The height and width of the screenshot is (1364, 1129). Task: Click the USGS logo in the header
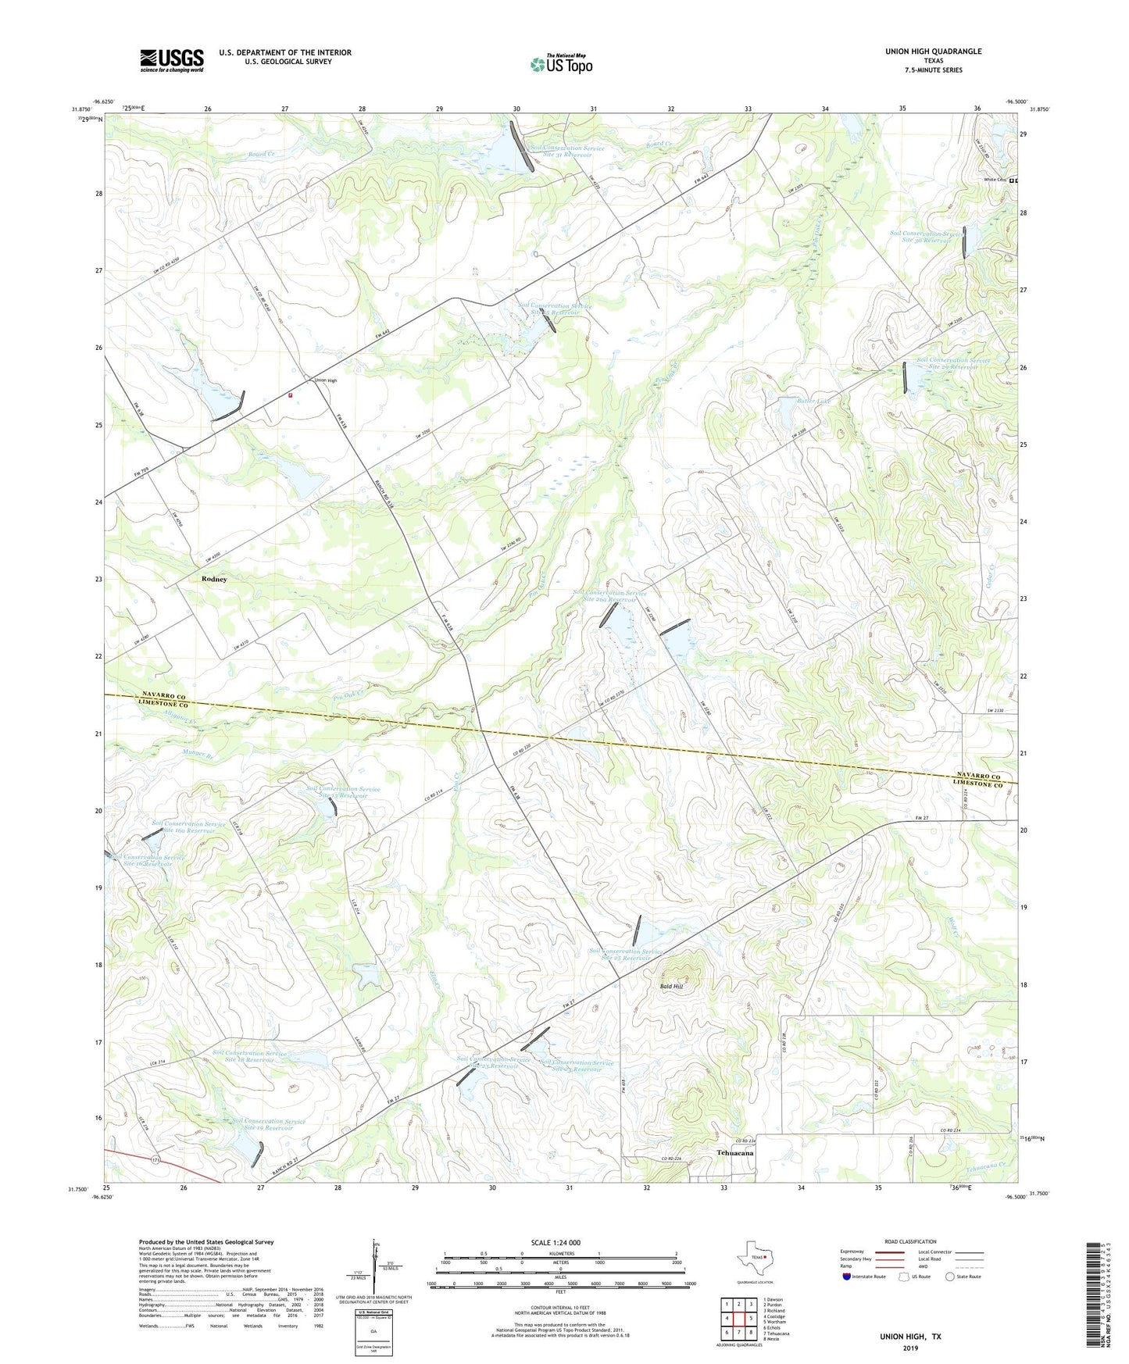[172, 60]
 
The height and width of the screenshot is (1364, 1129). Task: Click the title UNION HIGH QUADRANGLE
[933, 52]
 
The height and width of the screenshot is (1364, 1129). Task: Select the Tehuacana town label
[735, 1152]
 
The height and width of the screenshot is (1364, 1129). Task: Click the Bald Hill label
[671, 987]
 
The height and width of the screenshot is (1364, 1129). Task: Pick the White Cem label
[995, 180]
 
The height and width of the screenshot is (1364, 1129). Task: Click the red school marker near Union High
[290, 395]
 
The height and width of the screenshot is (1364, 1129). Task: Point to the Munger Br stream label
[198, 755]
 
